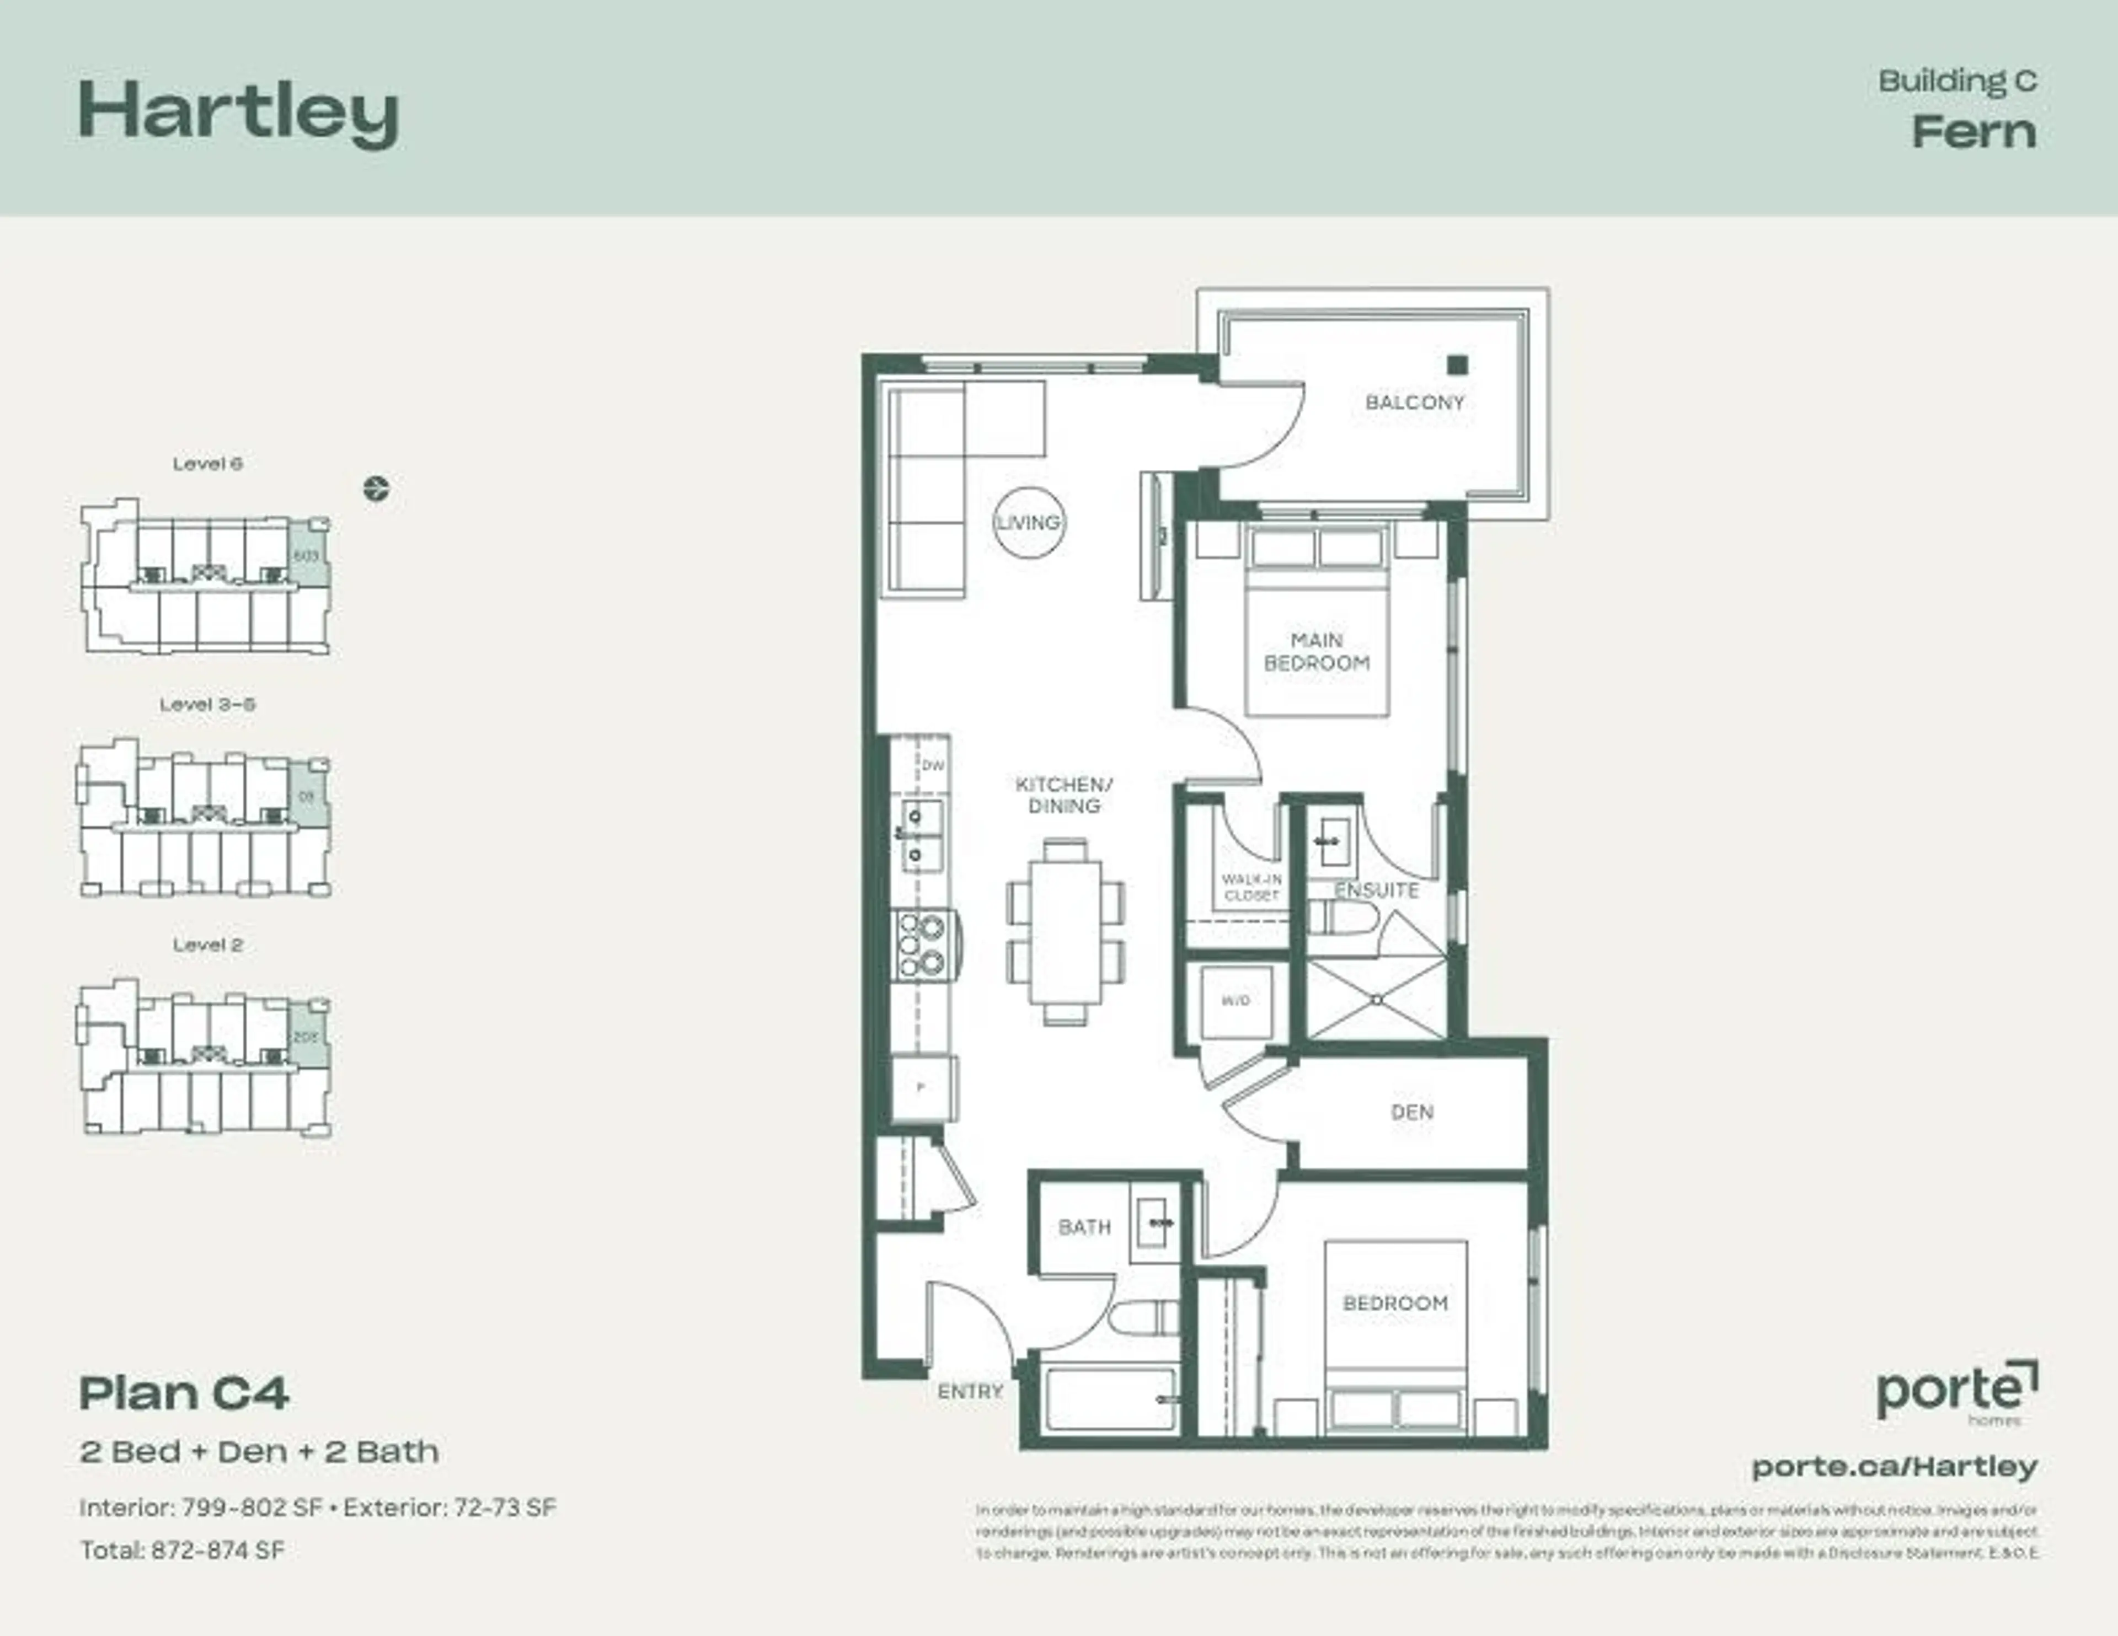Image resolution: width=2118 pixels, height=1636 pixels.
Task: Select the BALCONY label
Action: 1414,403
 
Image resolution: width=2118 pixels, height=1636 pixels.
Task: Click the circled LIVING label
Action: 1029,523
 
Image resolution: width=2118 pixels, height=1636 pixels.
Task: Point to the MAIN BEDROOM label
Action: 1316,652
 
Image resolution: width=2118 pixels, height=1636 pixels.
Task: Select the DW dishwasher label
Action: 932,766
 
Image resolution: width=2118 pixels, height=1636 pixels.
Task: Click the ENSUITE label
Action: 1376,891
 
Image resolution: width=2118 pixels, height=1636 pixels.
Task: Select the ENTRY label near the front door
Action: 970,1392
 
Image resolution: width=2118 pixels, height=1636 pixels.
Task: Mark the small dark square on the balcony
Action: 1457,366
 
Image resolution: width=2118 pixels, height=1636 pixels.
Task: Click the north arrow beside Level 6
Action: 376,489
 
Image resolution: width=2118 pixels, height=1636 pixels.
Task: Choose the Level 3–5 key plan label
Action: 207,705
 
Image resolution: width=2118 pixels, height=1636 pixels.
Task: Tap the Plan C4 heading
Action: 184,1393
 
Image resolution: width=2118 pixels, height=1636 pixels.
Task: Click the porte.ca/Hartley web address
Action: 1894,1466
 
